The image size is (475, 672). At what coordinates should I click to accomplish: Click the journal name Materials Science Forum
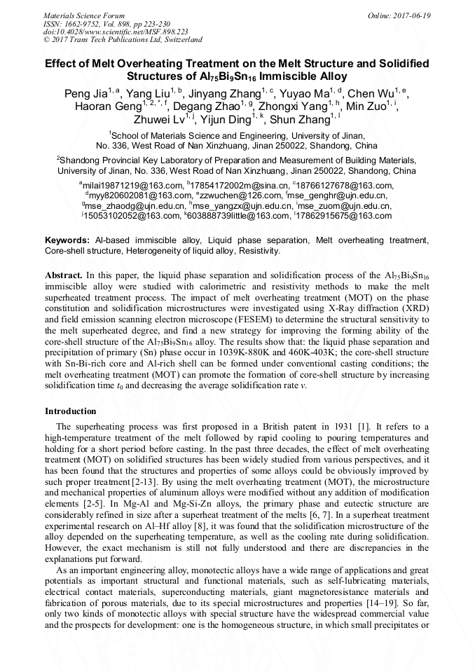pyautogui.click(x=84, y=15)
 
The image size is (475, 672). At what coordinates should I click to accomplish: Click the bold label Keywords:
pyautogui.click(x=67, y=240)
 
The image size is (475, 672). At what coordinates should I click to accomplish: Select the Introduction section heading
pyautogui.click(x=71, y=411)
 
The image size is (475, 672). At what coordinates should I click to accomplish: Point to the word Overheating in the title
pyautogui.click(x=153, y=64)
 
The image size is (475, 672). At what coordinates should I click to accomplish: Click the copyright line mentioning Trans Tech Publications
pyautogui.click(x=124, y=40)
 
